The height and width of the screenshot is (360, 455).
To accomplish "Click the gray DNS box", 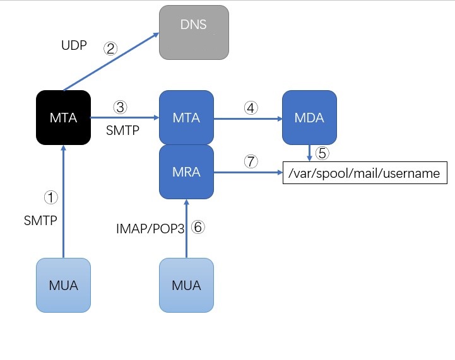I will [x=194, y=32].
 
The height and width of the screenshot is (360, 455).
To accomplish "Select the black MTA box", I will [x=63, y=118].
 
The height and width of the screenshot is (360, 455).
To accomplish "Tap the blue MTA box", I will [x=186, y=118].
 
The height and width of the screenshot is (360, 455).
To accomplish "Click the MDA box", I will [x=309, y=118].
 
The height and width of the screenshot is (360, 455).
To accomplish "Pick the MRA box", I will [x=186, y=171].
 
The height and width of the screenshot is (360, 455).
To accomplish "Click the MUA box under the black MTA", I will [x=63, y=285].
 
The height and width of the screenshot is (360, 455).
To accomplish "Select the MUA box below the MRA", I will [x=186, y=285].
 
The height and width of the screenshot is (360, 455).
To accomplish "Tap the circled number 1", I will [x=50, y=198].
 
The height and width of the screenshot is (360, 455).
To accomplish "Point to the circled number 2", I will [x=111, y=48].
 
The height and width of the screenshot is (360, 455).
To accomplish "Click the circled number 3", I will [x=121, y=107].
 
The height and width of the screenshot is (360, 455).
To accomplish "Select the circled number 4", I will [x=251, y=108].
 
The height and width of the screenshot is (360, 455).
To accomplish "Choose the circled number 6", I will [x=198, y=228].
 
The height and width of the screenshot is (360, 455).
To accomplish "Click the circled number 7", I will [x=251, y=161].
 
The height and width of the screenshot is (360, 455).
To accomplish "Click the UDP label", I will [x=74, y=47].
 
